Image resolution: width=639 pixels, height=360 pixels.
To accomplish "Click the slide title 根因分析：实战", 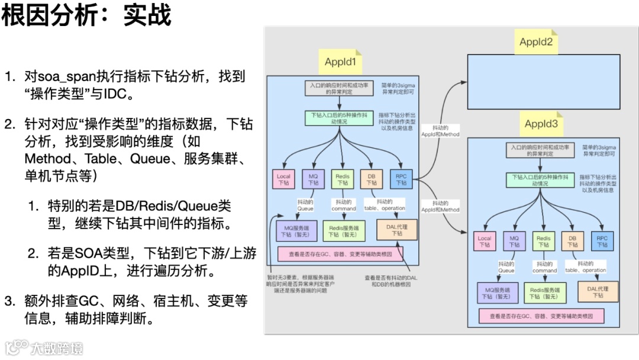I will pos(86,16).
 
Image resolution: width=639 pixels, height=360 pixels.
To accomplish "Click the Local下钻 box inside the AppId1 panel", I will pos(284,179).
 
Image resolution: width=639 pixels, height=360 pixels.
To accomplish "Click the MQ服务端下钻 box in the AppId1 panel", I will pos(297,230).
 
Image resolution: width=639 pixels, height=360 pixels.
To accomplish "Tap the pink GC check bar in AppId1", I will pos(340,254).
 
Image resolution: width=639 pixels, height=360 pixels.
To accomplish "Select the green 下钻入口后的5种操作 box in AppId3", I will pos(540,179).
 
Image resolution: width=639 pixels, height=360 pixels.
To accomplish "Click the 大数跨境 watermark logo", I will pos(44,347).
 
